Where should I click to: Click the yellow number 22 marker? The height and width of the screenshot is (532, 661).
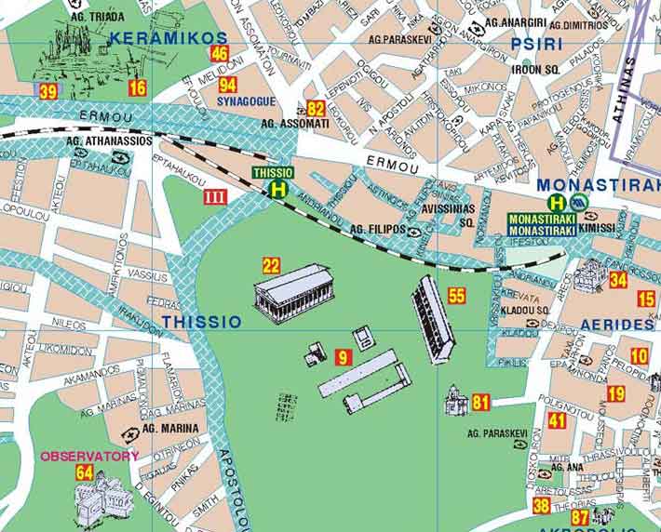272,265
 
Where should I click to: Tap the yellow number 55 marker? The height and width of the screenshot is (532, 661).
456,296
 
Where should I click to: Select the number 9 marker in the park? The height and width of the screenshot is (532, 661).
343,356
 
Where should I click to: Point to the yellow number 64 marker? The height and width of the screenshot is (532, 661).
85,472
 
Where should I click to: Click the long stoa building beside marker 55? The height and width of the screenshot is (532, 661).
433,318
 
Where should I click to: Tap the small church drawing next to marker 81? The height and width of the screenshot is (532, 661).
455,401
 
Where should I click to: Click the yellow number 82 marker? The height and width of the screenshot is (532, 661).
316,108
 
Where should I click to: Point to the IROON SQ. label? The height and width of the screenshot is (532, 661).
540,69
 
